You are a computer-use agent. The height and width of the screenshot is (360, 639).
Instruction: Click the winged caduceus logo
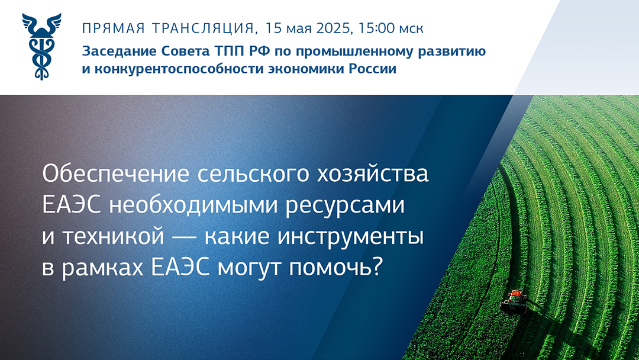41,46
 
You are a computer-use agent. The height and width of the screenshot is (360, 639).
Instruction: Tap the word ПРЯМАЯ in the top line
114,28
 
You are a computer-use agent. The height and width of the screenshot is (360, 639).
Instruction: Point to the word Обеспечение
116,173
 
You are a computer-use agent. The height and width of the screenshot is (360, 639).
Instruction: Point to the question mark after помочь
377,268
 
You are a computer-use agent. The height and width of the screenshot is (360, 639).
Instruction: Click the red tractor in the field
514,301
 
